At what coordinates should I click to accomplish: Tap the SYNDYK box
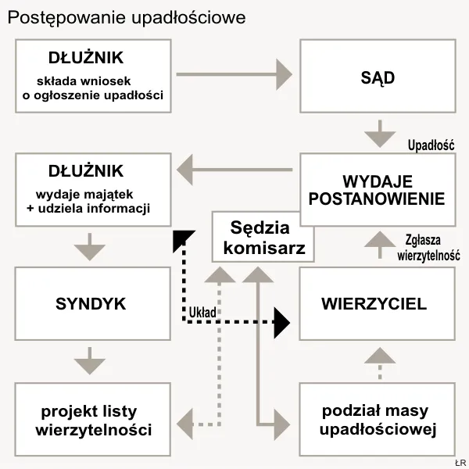[91, 303]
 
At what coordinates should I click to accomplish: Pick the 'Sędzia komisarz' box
[263, 238]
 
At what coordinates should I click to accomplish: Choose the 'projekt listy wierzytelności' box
[93, 421]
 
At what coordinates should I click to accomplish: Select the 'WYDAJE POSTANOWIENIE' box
[378, 189]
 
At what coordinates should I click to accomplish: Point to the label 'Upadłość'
[431, 145]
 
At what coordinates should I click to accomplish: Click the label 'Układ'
[202, 312]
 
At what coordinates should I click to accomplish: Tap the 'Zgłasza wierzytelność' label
[428, 248]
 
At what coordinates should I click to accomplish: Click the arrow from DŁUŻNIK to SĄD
[234, 74]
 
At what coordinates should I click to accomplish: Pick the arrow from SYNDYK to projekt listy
[91, 362]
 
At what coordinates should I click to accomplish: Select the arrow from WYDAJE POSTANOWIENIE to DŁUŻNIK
[234, 166]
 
